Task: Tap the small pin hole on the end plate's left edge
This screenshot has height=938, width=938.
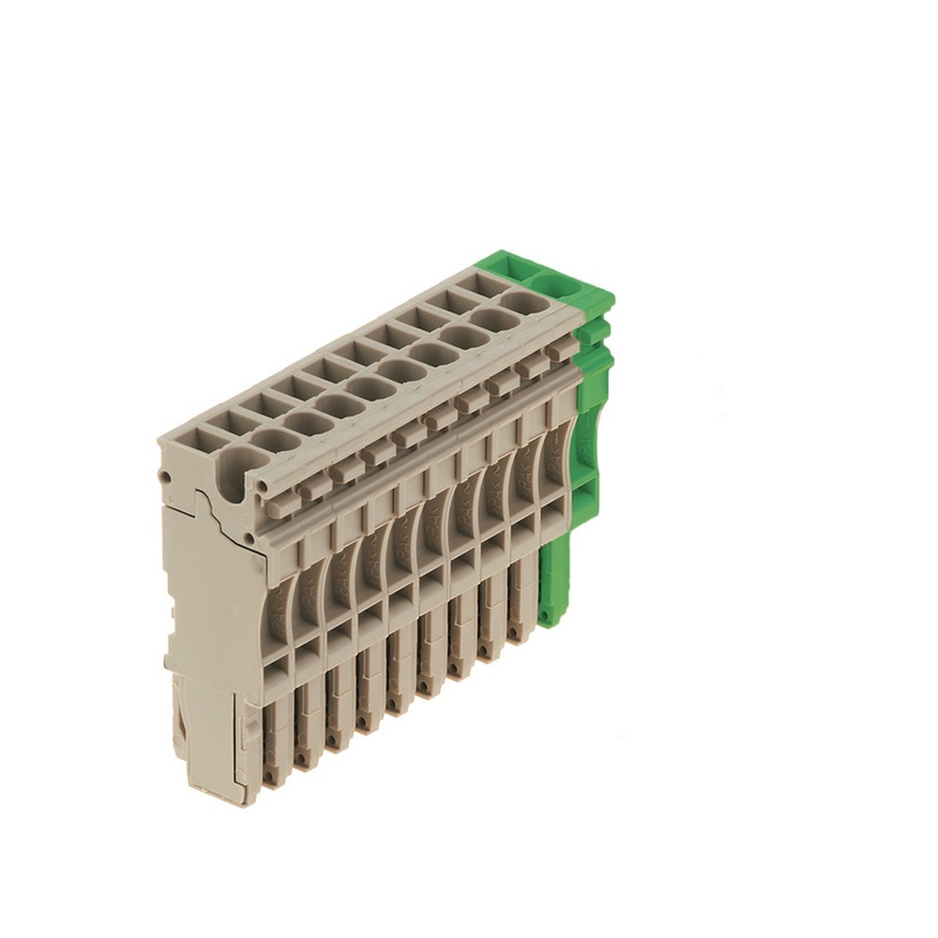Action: tap(165, 477)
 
